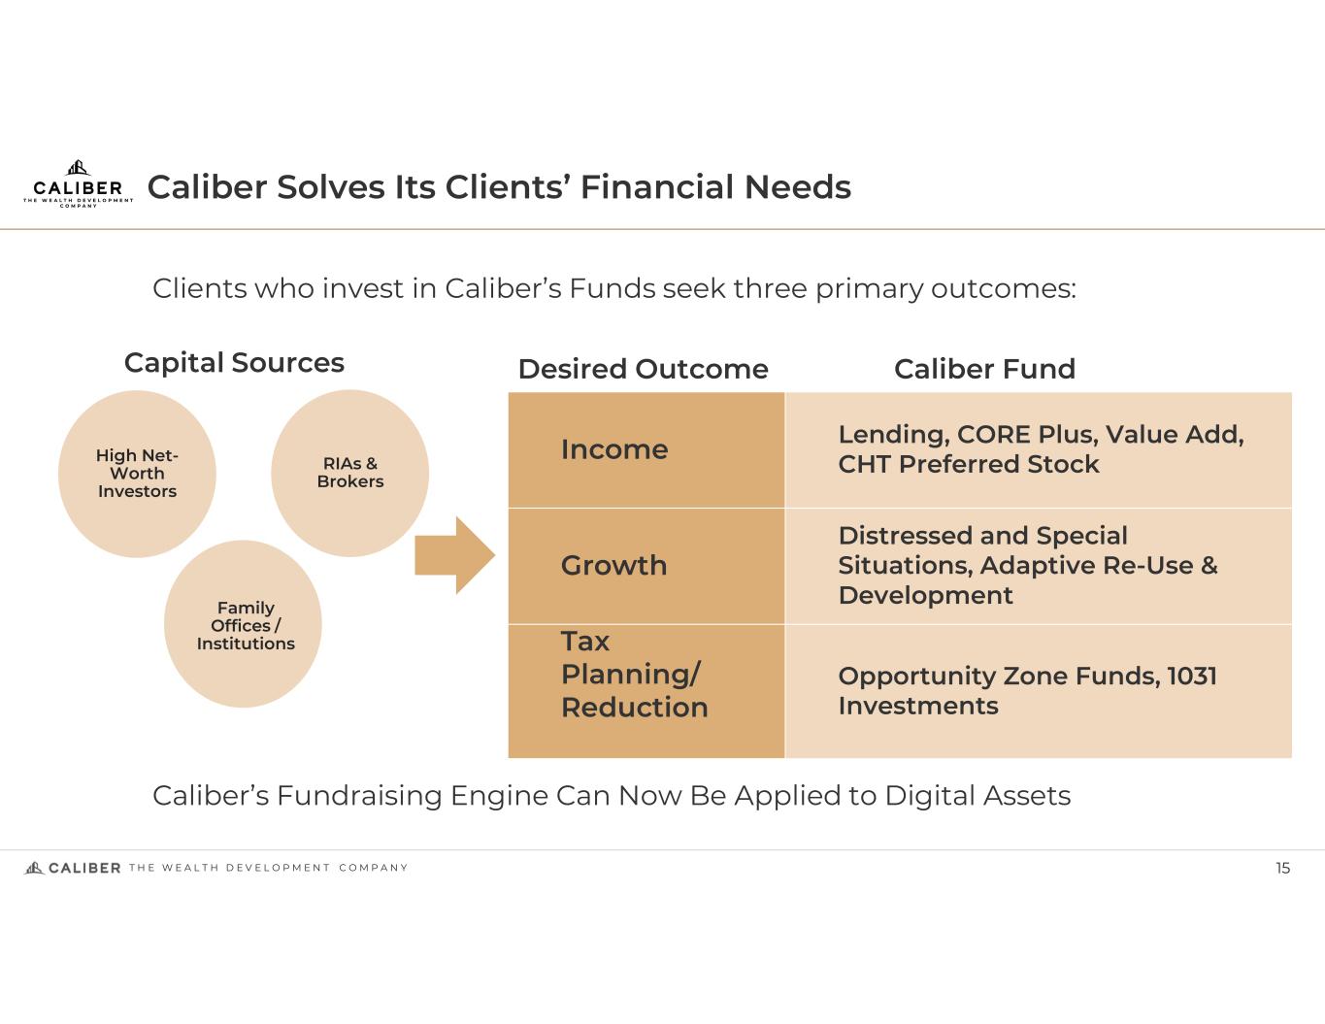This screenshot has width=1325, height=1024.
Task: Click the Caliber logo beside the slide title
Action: (x=78, y=183)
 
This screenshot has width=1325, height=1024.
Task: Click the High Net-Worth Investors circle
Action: (x=137, y=474)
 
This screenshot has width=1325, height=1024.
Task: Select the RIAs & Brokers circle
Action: (x=349, y=473)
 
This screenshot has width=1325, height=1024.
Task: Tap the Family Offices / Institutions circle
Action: (x=244, y=624)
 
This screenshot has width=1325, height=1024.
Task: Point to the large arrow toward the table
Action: (x=454, y=555)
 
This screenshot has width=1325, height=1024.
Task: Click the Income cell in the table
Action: (x=646, y=449)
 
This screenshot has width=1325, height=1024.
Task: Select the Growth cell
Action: (x=646, y=565)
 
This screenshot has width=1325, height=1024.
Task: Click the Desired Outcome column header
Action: (x=643, y=369)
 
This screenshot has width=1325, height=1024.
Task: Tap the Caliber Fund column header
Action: (x=984, y=369)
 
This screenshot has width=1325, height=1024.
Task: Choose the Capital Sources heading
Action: (x=234, y=362)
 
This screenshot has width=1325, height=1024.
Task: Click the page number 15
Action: (x=1282, y=868)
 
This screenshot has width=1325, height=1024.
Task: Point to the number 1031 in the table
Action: (x=1192, y=676)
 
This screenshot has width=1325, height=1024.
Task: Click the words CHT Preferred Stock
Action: (x=969, y=464)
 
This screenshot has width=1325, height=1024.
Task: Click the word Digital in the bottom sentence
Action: (x=930, y=796)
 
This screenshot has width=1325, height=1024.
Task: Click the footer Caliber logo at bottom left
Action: (x=74, y=868)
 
